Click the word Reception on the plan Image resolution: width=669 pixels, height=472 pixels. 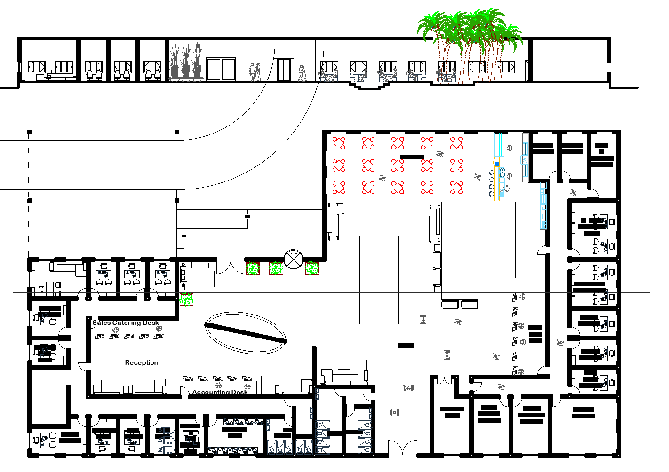(x=141, y=363)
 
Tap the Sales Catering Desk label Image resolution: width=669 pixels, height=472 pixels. (x=126, y=323)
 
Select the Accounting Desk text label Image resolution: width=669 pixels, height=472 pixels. (x=220, y=392)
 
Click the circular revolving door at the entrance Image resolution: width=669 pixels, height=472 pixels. (x=293, y=260)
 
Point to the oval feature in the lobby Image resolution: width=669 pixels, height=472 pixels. (x=245, y=332)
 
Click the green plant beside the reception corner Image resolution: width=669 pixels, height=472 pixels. (x=187, y=299)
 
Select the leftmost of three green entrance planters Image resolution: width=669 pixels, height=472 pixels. (x=253, y=268)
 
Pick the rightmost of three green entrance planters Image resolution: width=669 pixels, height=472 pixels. (x=312, y=268)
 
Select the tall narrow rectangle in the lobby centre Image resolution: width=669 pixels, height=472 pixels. (x=379, y=280)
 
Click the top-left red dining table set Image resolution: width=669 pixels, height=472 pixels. (x=339, y=143)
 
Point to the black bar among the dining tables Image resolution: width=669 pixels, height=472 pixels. (x=412, y=157)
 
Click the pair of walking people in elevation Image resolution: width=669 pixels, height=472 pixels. (x=255, y=72)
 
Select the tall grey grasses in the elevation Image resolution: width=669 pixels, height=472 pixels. (x=186, y=62)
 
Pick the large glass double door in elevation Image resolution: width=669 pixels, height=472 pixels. (x=221, y=70)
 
